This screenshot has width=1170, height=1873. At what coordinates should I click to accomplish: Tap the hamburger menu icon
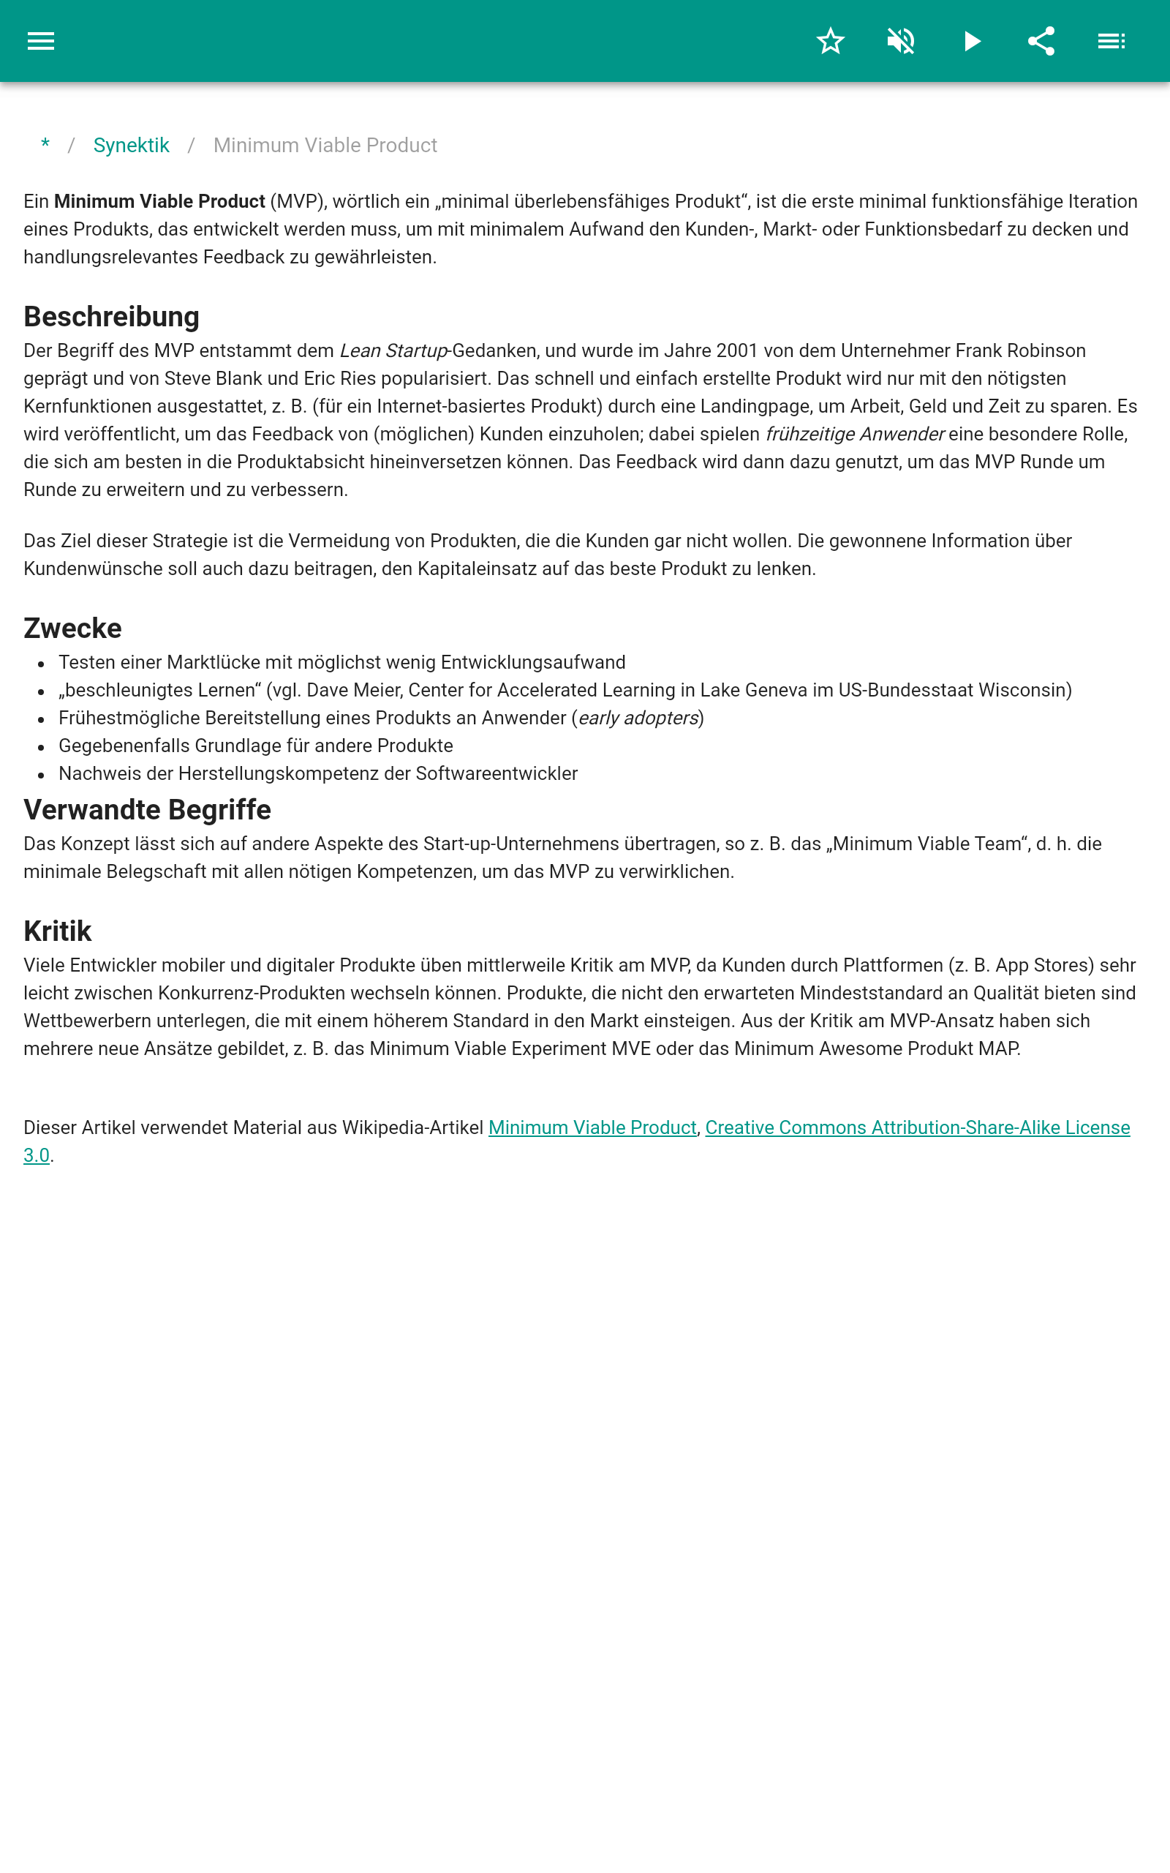41,41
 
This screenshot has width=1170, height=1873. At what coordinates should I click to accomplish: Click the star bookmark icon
830,41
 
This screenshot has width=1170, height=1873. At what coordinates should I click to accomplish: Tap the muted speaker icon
901,41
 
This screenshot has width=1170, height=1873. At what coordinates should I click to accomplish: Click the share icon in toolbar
1041,41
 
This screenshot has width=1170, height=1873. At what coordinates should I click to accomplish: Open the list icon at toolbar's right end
1111,41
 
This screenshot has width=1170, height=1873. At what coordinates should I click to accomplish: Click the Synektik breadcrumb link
131,146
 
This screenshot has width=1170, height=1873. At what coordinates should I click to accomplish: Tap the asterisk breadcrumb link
45,145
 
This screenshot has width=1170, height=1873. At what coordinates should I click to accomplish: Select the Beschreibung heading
111,317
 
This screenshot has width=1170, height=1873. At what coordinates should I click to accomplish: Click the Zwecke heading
72,628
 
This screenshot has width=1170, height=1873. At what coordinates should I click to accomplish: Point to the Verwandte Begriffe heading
147,810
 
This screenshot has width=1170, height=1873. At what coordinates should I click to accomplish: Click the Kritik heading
57,931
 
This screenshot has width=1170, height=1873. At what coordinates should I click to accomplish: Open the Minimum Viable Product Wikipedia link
592,1127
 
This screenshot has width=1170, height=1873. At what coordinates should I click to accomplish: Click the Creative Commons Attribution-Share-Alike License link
917,1127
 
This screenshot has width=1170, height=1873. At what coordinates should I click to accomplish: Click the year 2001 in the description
736,350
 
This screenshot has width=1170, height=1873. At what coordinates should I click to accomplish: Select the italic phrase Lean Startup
393,350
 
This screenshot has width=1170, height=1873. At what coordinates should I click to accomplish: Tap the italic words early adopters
638,718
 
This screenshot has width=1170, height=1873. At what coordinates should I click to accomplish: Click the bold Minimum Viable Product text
159,201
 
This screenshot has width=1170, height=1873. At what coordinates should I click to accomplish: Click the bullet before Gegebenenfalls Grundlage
41,747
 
